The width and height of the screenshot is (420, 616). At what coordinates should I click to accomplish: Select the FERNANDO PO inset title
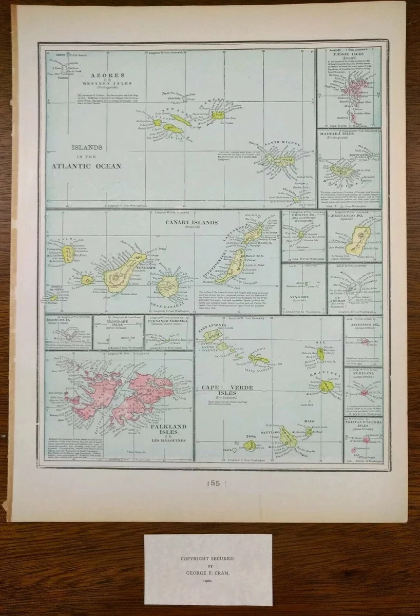pos(354,216)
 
